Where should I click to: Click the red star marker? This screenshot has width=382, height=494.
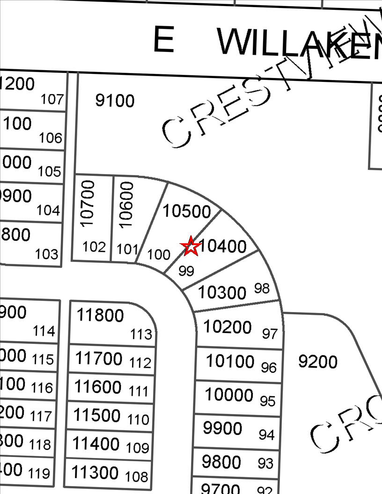191,246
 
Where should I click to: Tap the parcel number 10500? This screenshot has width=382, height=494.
187,211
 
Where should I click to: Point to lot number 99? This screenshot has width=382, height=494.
186,271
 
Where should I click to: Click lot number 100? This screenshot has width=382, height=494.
159,254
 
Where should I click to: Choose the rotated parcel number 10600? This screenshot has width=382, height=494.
126,204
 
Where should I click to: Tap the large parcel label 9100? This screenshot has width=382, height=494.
115,101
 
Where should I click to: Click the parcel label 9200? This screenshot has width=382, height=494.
318,362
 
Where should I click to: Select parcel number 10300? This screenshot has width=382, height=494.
222,293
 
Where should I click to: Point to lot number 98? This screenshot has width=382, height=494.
262,288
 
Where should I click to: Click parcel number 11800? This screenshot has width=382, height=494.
100,315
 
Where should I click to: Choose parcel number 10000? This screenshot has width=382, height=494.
229,395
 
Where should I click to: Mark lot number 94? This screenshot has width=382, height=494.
266,435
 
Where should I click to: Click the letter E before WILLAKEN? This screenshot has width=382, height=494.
164,41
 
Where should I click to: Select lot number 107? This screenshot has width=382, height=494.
51,99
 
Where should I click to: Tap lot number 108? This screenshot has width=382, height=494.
136,477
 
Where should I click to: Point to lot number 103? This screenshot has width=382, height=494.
47,254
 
